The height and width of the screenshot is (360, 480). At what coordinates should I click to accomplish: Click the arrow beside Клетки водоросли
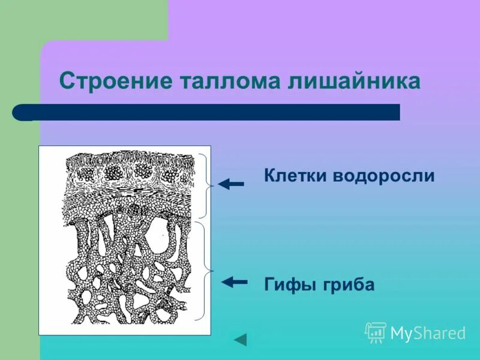pos(230,184)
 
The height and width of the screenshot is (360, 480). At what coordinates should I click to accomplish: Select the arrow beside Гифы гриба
pos(234,281)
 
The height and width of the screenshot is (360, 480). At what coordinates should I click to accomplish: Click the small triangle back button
pos(241,340)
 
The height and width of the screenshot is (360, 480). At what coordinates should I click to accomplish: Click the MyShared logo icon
pos(375,332)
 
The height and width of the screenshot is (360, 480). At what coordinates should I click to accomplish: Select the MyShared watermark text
pos(428,333)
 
